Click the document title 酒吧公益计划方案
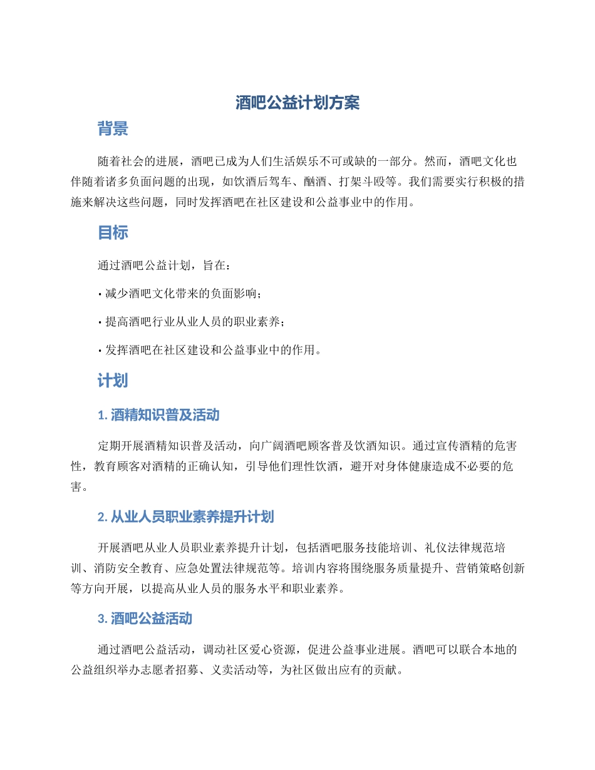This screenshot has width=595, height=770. [297, 103]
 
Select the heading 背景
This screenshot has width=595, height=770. [113, 130]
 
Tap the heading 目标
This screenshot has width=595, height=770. [113, 233]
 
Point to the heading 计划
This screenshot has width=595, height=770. [113, 381]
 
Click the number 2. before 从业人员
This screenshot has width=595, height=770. [103, 516]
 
